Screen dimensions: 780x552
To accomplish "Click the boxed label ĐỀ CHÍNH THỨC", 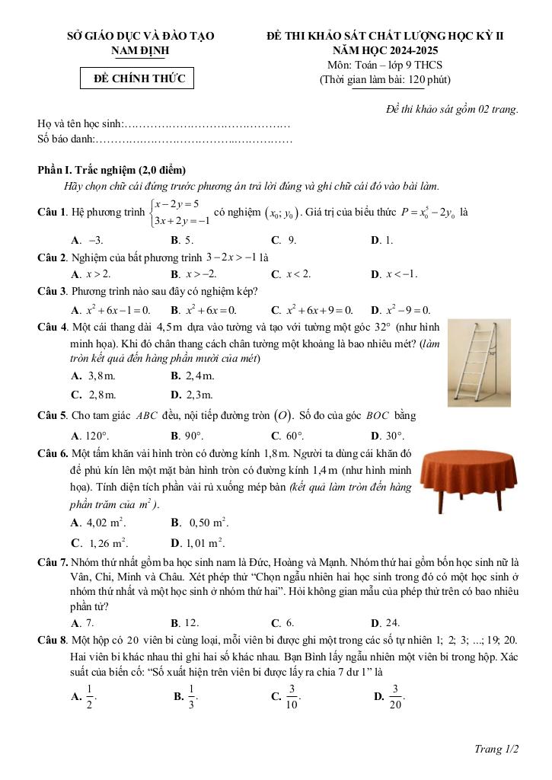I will tap(139, 79).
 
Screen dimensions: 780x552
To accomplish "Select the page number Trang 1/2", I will tap(496, 750).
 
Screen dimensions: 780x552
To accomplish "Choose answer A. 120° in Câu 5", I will tap(90, 436).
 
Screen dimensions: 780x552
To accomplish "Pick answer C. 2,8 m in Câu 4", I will tap(94, 395).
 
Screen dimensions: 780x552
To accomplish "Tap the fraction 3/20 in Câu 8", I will tap(395, 695).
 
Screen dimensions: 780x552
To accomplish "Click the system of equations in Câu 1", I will tap(177, 213).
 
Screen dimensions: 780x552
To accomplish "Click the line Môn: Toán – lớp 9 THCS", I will tap(384, 65).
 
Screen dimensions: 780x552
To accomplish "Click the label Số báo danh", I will tap(65, 139).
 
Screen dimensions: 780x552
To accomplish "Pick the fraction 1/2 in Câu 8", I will tap(89, 695).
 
